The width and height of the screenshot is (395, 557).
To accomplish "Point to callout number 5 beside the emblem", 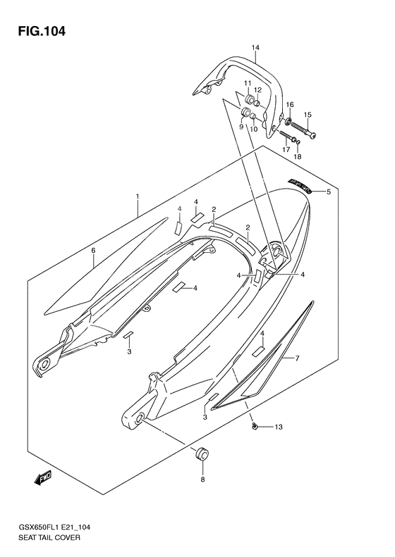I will tap(327, 191).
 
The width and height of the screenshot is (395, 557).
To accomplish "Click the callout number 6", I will tap(92, 250).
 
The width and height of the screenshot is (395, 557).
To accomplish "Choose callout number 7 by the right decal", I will tap(297, 358).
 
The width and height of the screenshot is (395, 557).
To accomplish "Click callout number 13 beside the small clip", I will tap(278, 427).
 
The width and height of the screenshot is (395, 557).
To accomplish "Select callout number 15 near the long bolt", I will tap(308, 114).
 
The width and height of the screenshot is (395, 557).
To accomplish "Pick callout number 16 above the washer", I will tap(289, 104).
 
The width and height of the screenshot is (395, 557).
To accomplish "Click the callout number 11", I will tap(248, 84).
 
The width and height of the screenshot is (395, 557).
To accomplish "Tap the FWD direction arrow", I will tap(41, 480).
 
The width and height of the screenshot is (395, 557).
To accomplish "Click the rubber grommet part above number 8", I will tap(202, 453).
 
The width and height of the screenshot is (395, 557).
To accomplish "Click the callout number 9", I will tap(241, 127).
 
